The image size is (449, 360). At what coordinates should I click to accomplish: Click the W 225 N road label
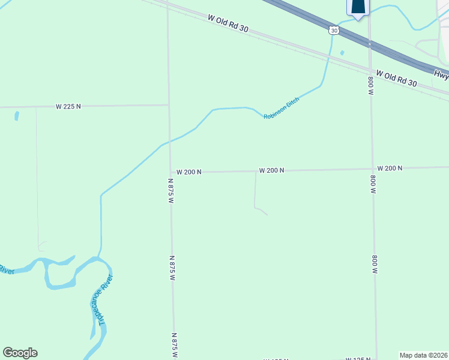(x=68, y=106)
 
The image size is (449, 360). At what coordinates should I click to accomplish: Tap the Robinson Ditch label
(x=281, y=108)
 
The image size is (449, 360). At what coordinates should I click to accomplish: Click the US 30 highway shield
(x=334, y=29)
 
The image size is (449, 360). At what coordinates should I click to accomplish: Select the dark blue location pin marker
(x=358, y=7)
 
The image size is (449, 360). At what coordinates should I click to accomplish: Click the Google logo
(x=20, y=353)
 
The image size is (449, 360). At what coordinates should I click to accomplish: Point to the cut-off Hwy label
(x=441, y=74)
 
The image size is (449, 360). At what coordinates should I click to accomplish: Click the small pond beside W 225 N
(x=16, y=115)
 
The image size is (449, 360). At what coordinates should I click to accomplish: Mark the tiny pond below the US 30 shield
(x=342, y=53)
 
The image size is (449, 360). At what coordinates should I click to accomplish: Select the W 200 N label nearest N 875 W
(x=188, y=172)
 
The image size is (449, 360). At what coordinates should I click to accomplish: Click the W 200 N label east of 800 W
(x=390, y=169)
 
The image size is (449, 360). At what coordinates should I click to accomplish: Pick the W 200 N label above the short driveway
(x=271, y=170)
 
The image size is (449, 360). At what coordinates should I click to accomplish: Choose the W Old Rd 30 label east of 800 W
(x=396, y=79)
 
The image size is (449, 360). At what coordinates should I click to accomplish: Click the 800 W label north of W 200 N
(x=371, y=86)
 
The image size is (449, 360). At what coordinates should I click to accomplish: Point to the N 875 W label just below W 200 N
(x=170, y=191)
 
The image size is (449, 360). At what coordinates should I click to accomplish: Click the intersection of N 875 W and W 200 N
(x=170, y=172)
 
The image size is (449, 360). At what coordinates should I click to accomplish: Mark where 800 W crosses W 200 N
(x=373, y=169)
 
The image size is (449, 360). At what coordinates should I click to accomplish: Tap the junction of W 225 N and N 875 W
(x=169, y=105)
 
